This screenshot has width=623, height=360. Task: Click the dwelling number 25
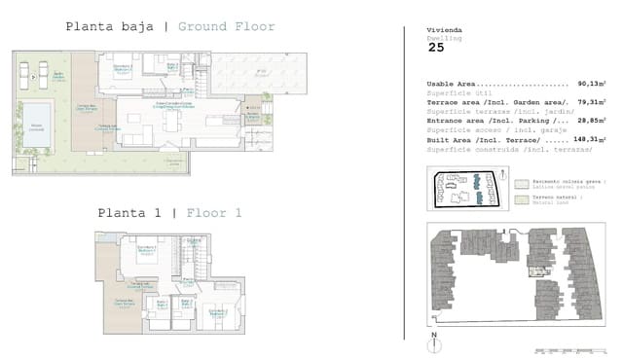coord(436,46)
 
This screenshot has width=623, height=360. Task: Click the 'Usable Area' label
coord(450,84)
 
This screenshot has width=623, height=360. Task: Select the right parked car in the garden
coord(42,71)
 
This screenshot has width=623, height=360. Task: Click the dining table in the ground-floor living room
coord(173,123)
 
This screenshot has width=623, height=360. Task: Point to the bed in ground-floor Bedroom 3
coord(123,69)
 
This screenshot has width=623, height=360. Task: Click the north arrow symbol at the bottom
coord(433,341)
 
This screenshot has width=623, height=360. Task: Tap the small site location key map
coord(466,188)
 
